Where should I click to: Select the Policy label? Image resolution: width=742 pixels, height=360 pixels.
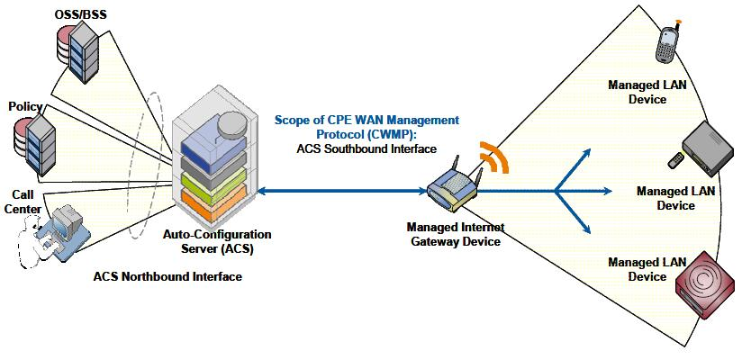coord(24,106)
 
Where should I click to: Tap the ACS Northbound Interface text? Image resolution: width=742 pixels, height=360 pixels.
coord(167,276)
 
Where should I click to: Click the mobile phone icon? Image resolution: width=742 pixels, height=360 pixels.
coord(667,43)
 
